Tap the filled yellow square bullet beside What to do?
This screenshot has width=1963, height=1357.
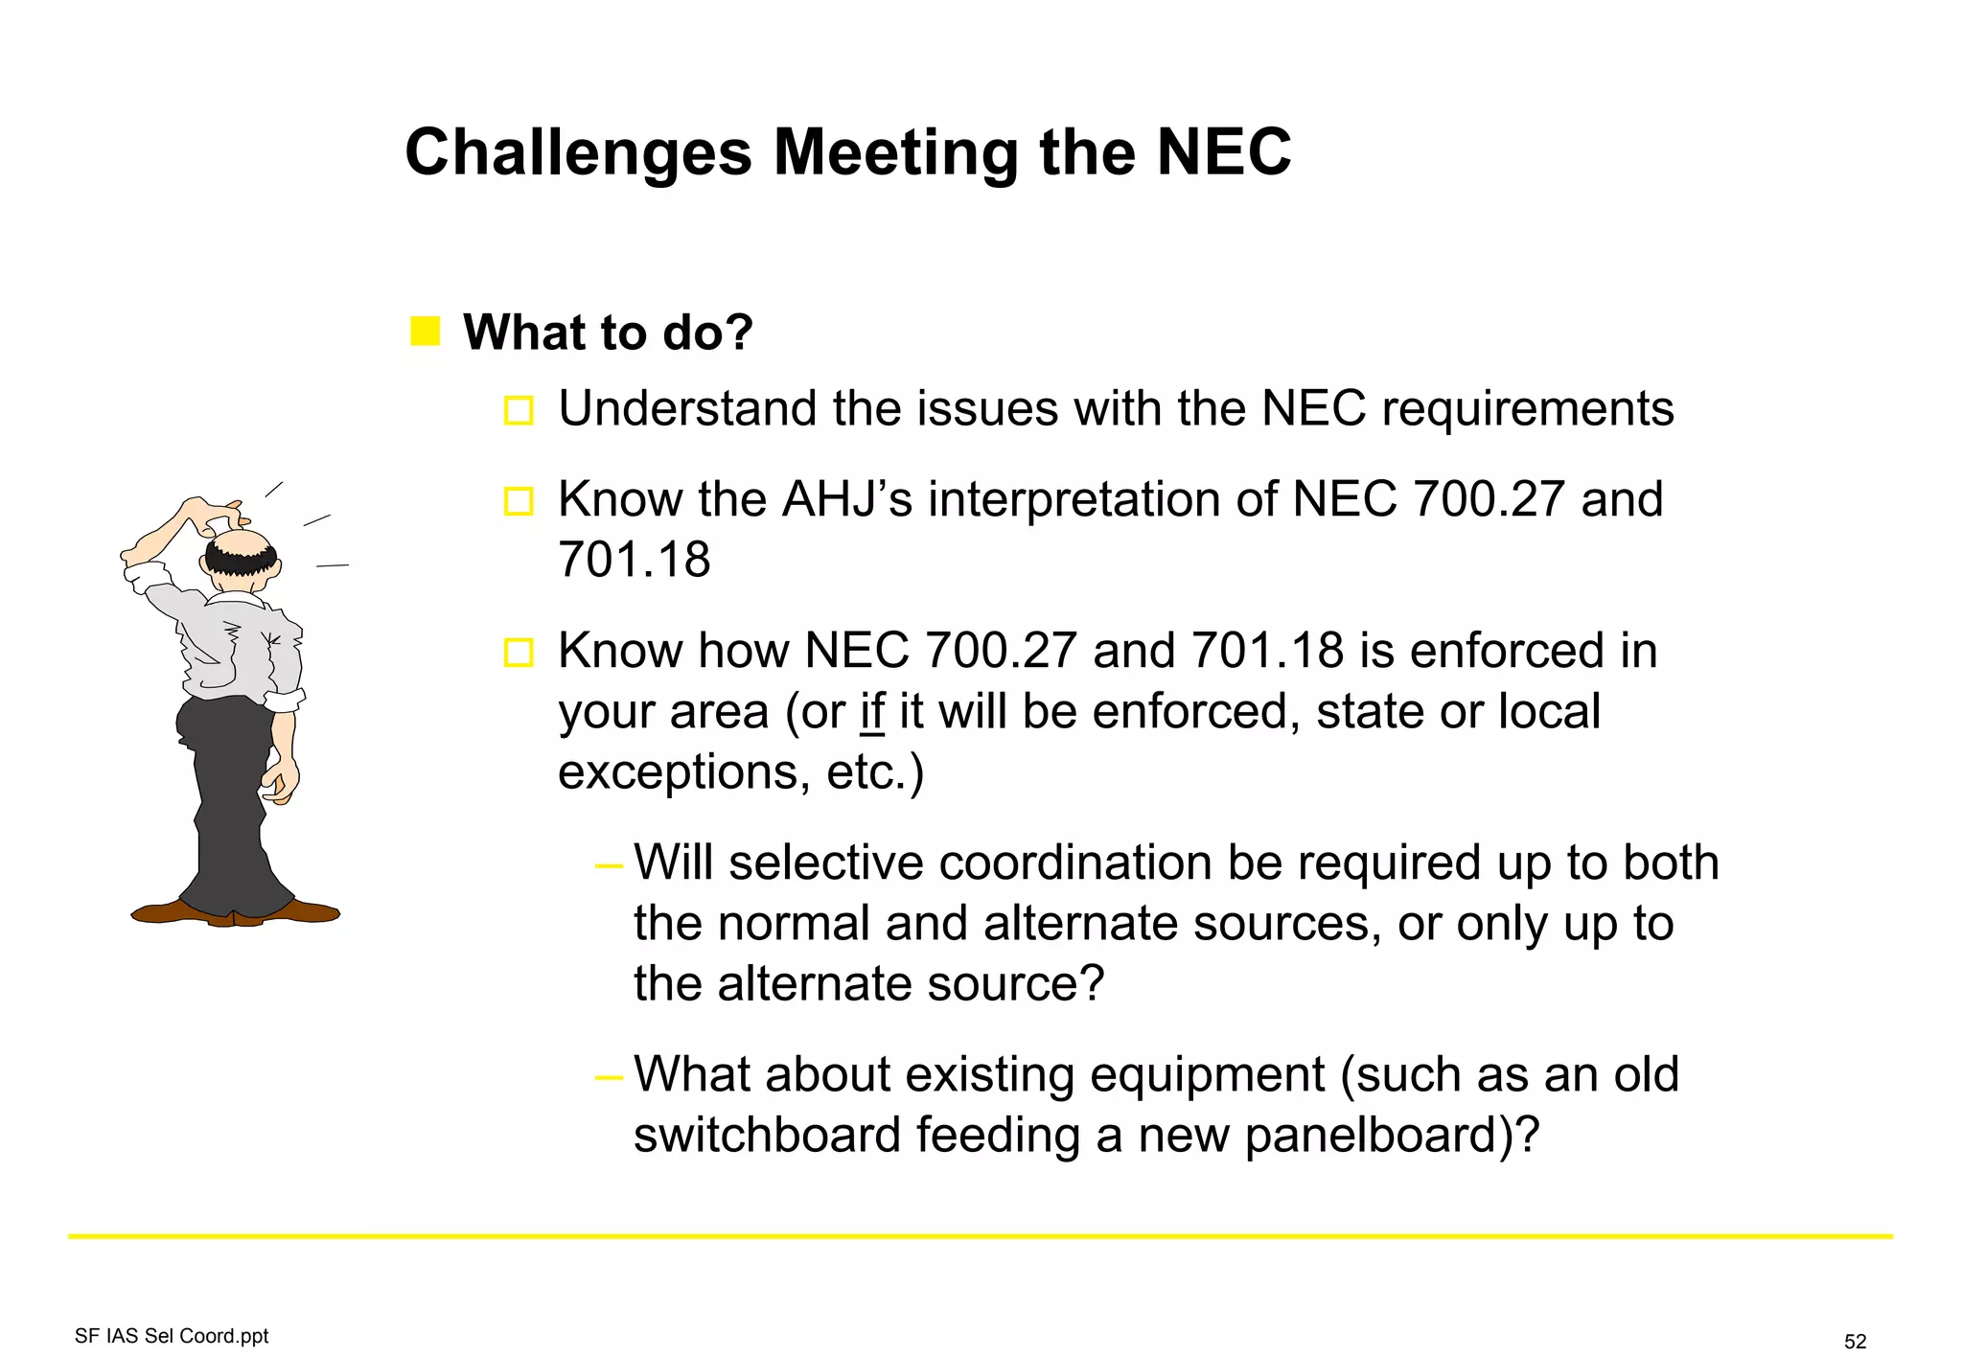click(425, 331)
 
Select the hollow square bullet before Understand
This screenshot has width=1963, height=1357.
click(519, 410)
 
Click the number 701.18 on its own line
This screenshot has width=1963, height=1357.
click(634, 560)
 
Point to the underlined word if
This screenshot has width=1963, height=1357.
click(872, 712)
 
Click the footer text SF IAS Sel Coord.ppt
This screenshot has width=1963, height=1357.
click(172, 1336)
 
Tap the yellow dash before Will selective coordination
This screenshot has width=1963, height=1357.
click(609, 866)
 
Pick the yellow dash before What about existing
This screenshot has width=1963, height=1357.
click(609, 1077)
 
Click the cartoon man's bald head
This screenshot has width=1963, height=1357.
click(242, 543)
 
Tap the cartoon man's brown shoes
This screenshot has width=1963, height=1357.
click(235, 912)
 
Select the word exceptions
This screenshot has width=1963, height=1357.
click(677, 772)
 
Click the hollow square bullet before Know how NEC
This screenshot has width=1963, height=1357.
click(519, 653)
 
